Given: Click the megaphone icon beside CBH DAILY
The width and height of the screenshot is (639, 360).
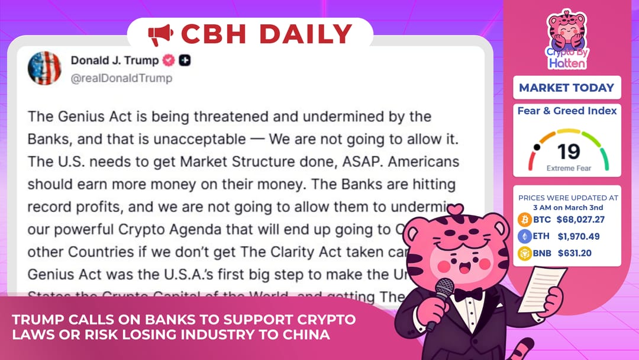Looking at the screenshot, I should tap(160, 34).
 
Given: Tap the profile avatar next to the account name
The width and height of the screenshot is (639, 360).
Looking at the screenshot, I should tap(44, 68).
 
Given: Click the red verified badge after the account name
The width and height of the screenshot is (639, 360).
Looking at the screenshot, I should tap(169, 60).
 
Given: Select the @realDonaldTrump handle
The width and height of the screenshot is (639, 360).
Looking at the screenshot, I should tap(121, 78).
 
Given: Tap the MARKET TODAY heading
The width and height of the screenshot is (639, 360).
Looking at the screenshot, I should tap(566, 88).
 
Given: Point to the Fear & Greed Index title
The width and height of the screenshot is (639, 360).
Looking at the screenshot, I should tap(567, 111).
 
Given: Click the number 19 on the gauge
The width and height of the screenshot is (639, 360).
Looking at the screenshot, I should tap(568, 152).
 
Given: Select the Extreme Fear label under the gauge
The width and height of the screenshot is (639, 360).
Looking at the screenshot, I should tap(568, 168).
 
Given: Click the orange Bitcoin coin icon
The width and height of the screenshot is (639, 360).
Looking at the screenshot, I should tap(525, 220).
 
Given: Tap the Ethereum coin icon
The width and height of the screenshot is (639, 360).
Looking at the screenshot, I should tap(525, 236).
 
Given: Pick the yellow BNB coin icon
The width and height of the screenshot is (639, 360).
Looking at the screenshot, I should tap(525, 253).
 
